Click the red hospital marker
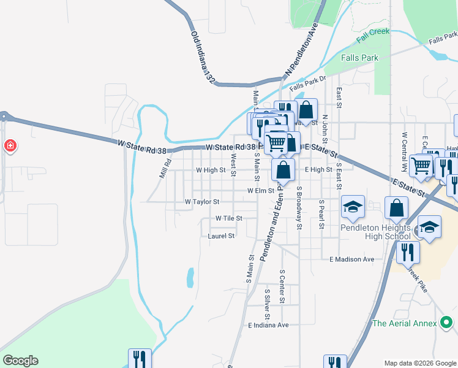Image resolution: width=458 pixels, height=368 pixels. [10, 146]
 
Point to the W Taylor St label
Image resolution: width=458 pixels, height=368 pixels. [202, 202]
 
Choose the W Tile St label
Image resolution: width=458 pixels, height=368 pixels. [228, 218]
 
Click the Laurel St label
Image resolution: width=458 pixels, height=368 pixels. [221, 236]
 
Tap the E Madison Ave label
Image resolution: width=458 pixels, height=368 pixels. [351, 259]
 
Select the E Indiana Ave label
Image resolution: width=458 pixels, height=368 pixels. [268, 325]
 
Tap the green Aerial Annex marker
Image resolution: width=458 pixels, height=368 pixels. [446, 323]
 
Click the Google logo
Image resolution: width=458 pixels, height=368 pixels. [20, 360]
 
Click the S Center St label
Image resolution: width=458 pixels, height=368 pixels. [282, 286]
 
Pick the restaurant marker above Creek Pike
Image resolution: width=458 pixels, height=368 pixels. [407, 251]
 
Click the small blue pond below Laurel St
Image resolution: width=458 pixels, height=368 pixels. [190, 277]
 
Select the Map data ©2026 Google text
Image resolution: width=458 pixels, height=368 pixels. [420, 363]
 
